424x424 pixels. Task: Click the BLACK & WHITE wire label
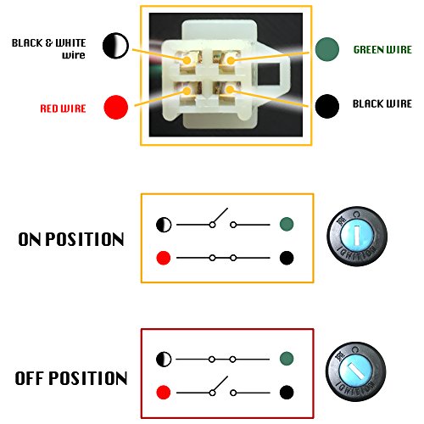48,48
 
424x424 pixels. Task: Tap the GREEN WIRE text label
382,50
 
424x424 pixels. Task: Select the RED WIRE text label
63,109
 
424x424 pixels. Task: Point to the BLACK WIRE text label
382,103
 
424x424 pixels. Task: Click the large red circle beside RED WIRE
116,107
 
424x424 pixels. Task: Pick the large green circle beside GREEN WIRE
327,49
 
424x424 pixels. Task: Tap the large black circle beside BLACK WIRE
327,106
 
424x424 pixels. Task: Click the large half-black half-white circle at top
115,46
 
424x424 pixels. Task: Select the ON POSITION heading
71,239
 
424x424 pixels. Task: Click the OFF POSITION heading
71,378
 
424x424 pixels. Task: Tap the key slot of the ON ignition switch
357,235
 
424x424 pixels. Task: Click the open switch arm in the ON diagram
220,215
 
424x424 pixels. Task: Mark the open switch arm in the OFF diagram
220,383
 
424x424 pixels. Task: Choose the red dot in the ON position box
164,258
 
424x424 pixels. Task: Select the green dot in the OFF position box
287,359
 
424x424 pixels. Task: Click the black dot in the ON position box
287,258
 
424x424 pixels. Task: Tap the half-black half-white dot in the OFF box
164,359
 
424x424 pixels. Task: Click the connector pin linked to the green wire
231,60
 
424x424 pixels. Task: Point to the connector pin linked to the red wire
187,91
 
